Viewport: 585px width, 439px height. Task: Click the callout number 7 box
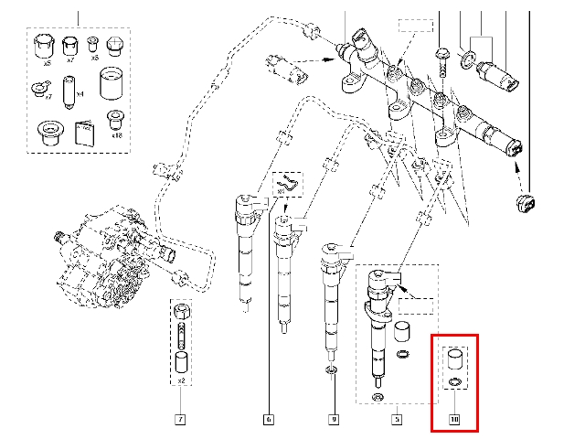click(x=180, y=420)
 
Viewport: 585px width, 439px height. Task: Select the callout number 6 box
click(x=268, y=420)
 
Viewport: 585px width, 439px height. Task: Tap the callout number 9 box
click(x=334, y=420)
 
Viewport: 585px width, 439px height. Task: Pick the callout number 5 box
click(x=396, y=420)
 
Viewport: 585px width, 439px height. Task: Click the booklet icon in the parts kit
click(x=83, y=133)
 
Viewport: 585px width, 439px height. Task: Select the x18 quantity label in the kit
click(x=116, y=134)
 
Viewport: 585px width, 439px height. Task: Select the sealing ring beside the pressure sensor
click(x=468, y=60)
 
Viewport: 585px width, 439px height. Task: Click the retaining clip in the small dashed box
click(x=291, y=184)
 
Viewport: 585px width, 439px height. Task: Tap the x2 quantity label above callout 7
click(x=181, y=380)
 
